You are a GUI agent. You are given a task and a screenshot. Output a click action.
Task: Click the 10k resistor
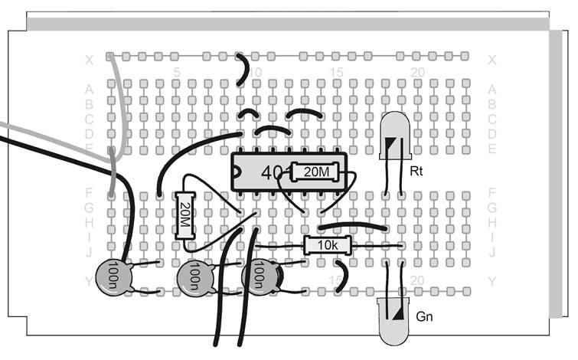click(x=327, y=245)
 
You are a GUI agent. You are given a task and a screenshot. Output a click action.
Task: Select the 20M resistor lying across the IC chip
click(x=315, y=173)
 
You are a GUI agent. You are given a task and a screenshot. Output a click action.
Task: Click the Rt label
click(x=417, y=170)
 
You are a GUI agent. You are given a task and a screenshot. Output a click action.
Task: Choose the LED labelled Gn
click(x=394, y=316)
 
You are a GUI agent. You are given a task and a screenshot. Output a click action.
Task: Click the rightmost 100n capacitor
click(x=259, y=276)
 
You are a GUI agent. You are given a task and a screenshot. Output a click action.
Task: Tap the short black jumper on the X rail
click(x=244, y=69)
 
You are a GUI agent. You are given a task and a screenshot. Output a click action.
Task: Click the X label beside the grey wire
click(x=89, y=59)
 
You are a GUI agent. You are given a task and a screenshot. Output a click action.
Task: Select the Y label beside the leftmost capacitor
click(x=89, y=282)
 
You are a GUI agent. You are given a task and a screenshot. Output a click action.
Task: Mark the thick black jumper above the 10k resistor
click(x=352, y=226)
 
